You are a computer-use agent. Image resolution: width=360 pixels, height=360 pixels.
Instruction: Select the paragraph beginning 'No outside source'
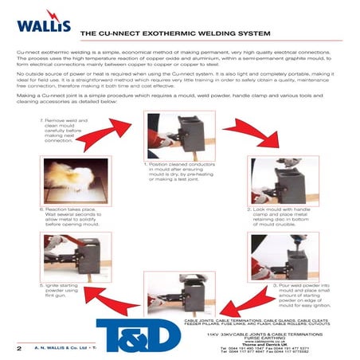(x=179, y=87)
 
